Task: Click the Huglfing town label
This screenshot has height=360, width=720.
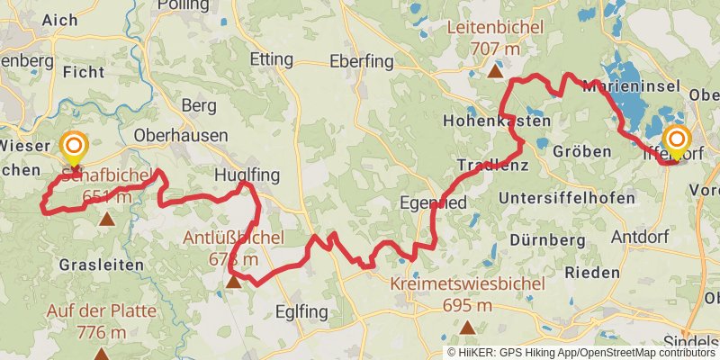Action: click(x=247, y=174)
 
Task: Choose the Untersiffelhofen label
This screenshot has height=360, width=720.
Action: click(x=557, y=197)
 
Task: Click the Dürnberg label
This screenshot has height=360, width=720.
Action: click(x=542, y=240)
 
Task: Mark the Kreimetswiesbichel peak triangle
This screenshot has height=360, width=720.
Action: click(x=467, y=327)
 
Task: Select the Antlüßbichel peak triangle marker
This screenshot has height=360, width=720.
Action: click(x=233, y=282)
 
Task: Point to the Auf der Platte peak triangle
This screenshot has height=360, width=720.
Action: click(x=101, y=355)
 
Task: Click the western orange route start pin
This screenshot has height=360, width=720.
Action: click(x=73, y=147)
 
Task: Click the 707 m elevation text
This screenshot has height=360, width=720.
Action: click(x=495, y=48)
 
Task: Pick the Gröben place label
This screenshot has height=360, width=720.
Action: click(x=582, y=150)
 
